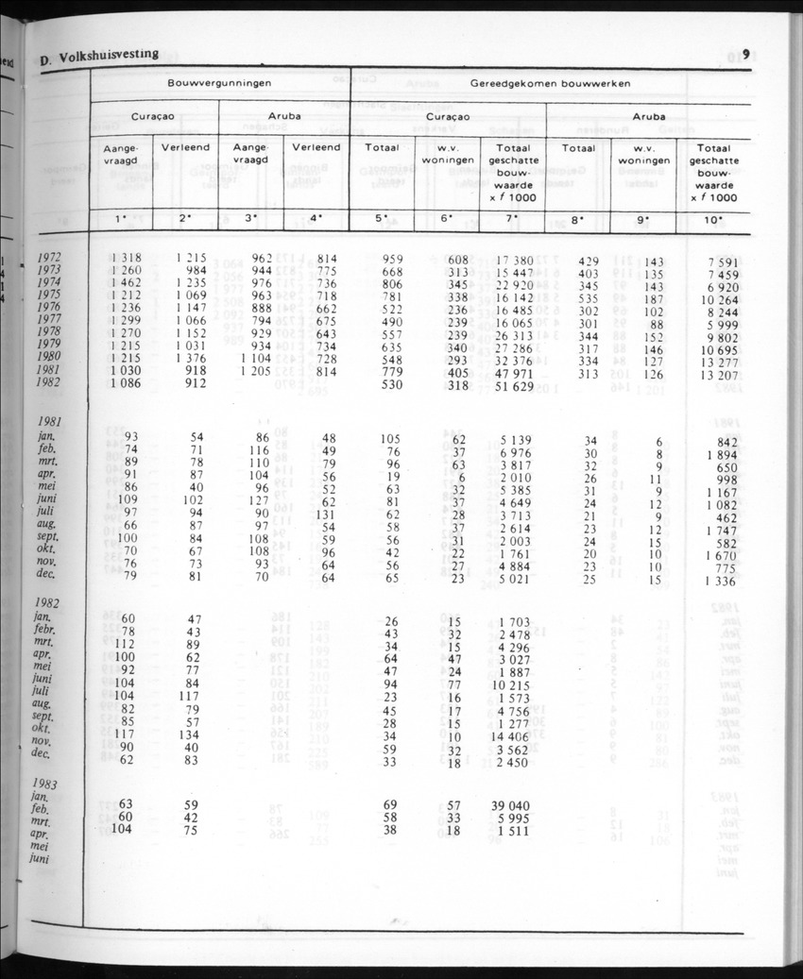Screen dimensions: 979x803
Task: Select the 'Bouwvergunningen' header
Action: click(219, 83)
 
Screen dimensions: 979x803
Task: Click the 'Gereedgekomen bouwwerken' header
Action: click(550, 83)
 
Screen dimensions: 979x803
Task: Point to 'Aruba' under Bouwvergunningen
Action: click(284, 117)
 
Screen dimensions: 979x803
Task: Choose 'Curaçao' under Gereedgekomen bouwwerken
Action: click(448, 117)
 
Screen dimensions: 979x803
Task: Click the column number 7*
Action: click(512, 219)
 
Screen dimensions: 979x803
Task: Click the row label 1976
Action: click(48, 308)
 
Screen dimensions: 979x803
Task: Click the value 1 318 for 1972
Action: click(125, 257)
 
